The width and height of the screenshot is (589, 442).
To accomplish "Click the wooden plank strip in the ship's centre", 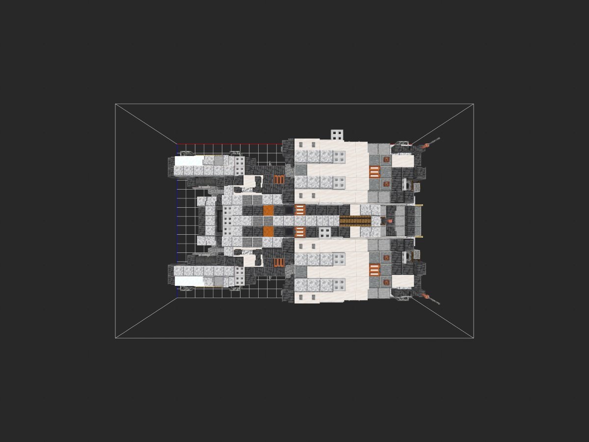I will coord(355,221).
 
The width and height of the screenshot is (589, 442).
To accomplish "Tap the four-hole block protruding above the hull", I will coord(337,135).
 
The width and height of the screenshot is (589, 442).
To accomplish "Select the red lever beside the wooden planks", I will coord(390,221).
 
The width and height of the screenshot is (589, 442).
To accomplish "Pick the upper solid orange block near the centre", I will coord(268,210).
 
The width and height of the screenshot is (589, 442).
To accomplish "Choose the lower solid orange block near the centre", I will coord(268,231).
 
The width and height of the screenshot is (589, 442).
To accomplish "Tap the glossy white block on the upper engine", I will coord(189,161).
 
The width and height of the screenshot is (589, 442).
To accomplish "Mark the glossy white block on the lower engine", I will coord(189,281).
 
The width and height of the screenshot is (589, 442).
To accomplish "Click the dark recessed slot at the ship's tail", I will coord(219,221).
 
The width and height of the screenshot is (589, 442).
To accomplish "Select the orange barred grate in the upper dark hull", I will coord(279,180).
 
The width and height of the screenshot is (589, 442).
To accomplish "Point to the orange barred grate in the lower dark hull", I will coord(279,262).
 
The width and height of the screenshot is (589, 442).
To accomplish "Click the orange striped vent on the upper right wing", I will coord(375,172).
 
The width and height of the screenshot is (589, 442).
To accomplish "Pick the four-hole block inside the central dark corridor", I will coord(325,232).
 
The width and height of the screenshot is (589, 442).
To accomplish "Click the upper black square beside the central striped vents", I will coord(289,210).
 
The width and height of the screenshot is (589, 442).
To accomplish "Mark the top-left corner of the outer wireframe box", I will coord(115,104).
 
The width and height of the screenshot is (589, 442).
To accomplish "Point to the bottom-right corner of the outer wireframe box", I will coord(474,338).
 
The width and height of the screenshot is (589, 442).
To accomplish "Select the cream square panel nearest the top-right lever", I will coord(403,161).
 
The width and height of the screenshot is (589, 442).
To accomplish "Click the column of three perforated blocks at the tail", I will coord(228,221).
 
